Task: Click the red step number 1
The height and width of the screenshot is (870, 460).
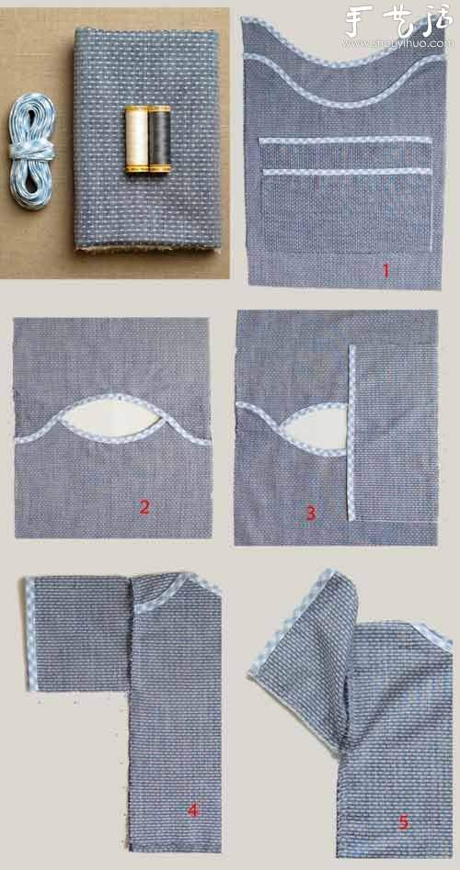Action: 385,271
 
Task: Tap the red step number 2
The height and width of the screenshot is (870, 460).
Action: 144,506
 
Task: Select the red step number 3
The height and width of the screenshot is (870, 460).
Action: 311,514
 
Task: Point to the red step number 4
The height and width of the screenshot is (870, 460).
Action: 193,810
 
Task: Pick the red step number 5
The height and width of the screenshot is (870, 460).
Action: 403,822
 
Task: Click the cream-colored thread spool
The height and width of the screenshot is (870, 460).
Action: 136,140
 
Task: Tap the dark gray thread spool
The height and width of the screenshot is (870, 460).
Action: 159,140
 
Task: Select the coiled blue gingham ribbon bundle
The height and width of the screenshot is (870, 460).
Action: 31,151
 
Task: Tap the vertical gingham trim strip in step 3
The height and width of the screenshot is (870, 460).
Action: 351,433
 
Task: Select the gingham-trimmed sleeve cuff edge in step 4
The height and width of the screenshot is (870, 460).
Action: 31,634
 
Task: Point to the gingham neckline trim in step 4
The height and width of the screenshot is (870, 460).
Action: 177,590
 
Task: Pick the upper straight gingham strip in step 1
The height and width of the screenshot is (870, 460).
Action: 345,140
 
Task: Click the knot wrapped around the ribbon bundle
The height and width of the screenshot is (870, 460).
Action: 31,151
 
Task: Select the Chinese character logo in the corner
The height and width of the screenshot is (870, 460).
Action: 398,22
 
